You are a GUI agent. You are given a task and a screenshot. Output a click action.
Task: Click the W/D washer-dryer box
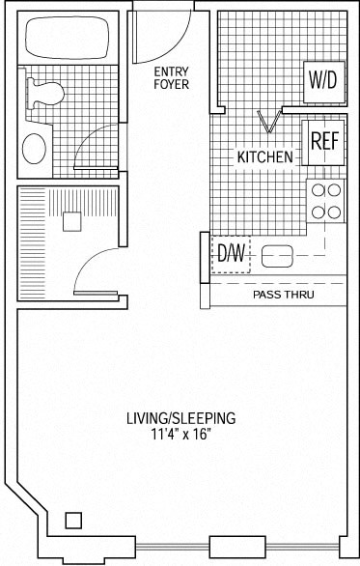click(323, 81)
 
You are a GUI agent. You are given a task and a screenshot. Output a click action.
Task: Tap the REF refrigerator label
click(324, 141)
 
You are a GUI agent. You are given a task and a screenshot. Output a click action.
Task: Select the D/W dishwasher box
click(231, 254)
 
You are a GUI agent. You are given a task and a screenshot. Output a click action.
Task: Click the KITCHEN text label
click(264, 156)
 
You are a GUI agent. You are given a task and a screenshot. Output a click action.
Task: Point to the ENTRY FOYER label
click(171, 77)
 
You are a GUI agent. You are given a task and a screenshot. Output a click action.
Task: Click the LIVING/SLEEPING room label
click(180, 418)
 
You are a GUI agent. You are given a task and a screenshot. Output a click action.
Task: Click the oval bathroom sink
click(35, 149)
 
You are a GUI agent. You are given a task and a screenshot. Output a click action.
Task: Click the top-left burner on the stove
click(317, 190)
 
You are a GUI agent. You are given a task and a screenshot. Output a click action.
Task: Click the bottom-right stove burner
click(334, 211)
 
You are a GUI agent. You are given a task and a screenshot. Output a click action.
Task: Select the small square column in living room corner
click(73, 521)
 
